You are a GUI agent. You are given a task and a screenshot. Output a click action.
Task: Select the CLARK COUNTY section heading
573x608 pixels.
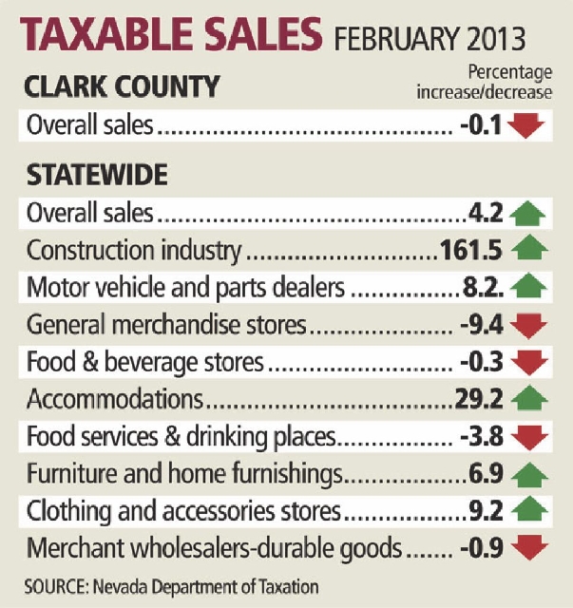point(124,87)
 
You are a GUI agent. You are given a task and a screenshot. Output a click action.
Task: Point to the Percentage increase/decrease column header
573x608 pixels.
point(485,82)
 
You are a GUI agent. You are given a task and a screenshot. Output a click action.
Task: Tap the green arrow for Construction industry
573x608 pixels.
point(530,250)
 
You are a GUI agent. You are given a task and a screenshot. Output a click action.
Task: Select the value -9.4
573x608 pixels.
point(484,326)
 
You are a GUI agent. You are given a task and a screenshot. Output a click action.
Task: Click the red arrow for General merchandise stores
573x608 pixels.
point(530,326)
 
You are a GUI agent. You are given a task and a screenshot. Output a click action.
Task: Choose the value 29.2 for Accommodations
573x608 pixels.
point(484,400)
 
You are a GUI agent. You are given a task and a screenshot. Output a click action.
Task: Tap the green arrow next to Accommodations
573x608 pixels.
point(530,400)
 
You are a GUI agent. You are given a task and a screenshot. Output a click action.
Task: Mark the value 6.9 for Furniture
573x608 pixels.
point(489,474)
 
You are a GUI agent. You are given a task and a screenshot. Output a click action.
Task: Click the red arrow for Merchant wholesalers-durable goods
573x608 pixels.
point(530,549)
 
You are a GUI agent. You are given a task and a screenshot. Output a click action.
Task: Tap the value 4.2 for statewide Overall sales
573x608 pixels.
point(489,214)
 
